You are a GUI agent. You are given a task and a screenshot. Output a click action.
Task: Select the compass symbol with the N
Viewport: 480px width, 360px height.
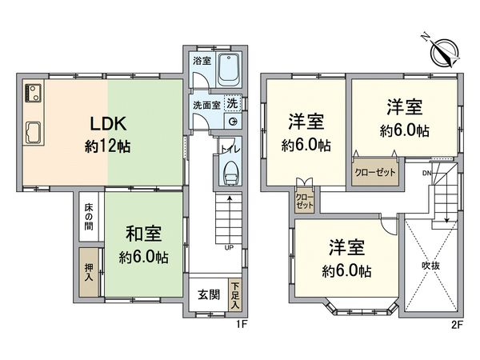point(440,53)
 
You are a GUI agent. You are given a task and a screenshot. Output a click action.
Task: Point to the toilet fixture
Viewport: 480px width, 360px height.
point(230,170)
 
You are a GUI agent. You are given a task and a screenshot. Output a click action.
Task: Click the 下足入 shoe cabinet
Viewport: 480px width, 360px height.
point(234,294)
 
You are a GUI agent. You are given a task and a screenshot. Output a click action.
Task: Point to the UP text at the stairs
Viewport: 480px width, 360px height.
point(229,247)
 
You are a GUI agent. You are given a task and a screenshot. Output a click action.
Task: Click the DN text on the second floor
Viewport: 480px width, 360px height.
point(426,170)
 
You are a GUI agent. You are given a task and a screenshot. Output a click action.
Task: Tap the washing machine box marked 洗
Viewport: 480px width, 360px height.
point(231,103)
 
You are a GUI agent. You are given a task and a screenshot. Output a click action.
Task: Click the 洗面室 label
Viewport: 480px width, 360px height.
point(205,104)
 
